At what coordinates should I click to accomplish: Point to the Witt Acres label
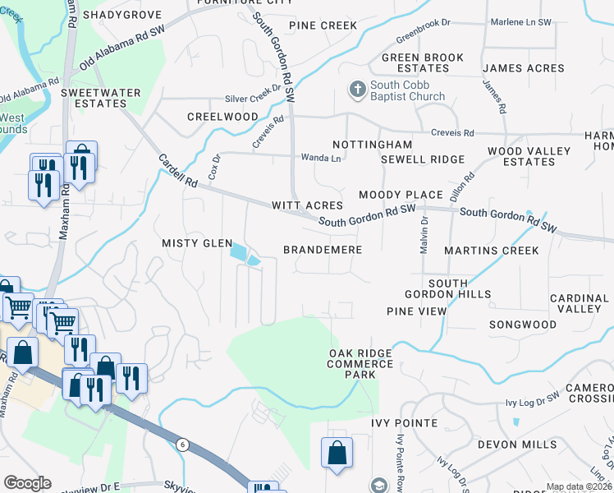pyautogui.click(x=307, y=205)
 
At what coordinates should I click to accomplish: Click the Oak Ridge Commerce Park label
pyautogui.click(x=361, y=363)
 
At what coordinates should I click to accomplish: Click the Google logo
pyautogui.click(x=27, y=483)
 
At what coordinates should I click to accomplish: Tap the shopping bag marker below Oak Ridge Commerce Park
pyautogui.click(x=337, y=454)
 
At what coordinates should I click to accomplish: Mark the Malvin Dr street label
pyautogui.click(x=424, y=234)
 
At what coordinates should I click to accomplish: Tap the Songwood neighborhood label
pyautogui.click(x=523, y=325)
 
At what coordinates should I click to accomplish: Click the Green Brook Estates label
pyautogui.click(x=421, y=62)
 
